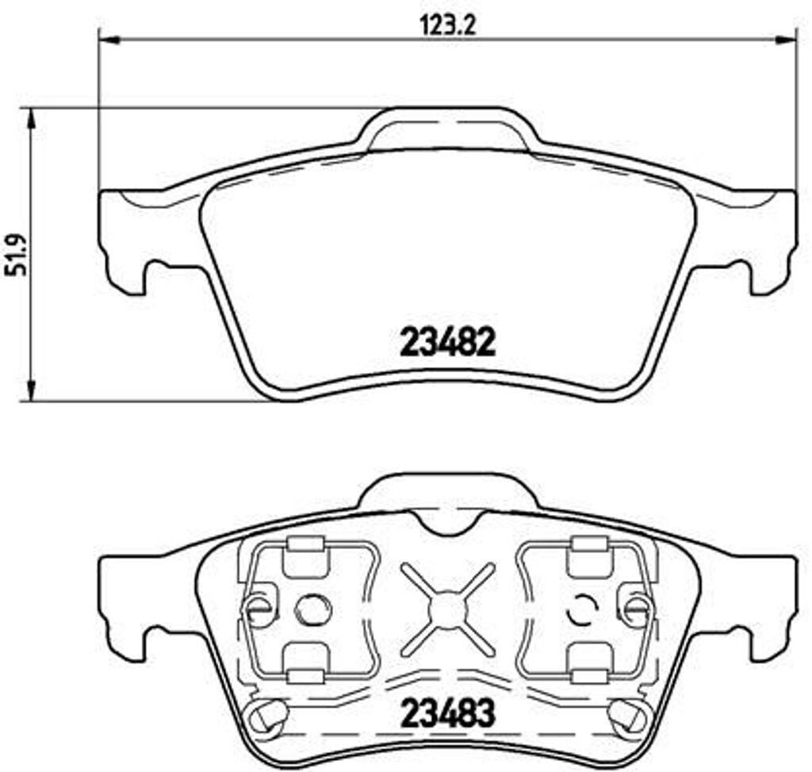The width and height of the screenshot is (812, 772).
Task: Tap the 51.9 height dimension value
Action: click(x=15, y=255)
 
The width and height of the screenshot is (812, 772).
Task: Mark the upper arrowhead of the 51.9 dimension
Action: click(x=32, y=119)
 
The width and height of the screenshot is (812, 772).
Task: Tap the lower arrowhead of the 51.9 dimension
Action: click(x=32, y=390)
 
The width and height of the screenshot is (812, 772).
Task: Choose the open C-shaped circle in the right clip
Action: click(x=582, y=609)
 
